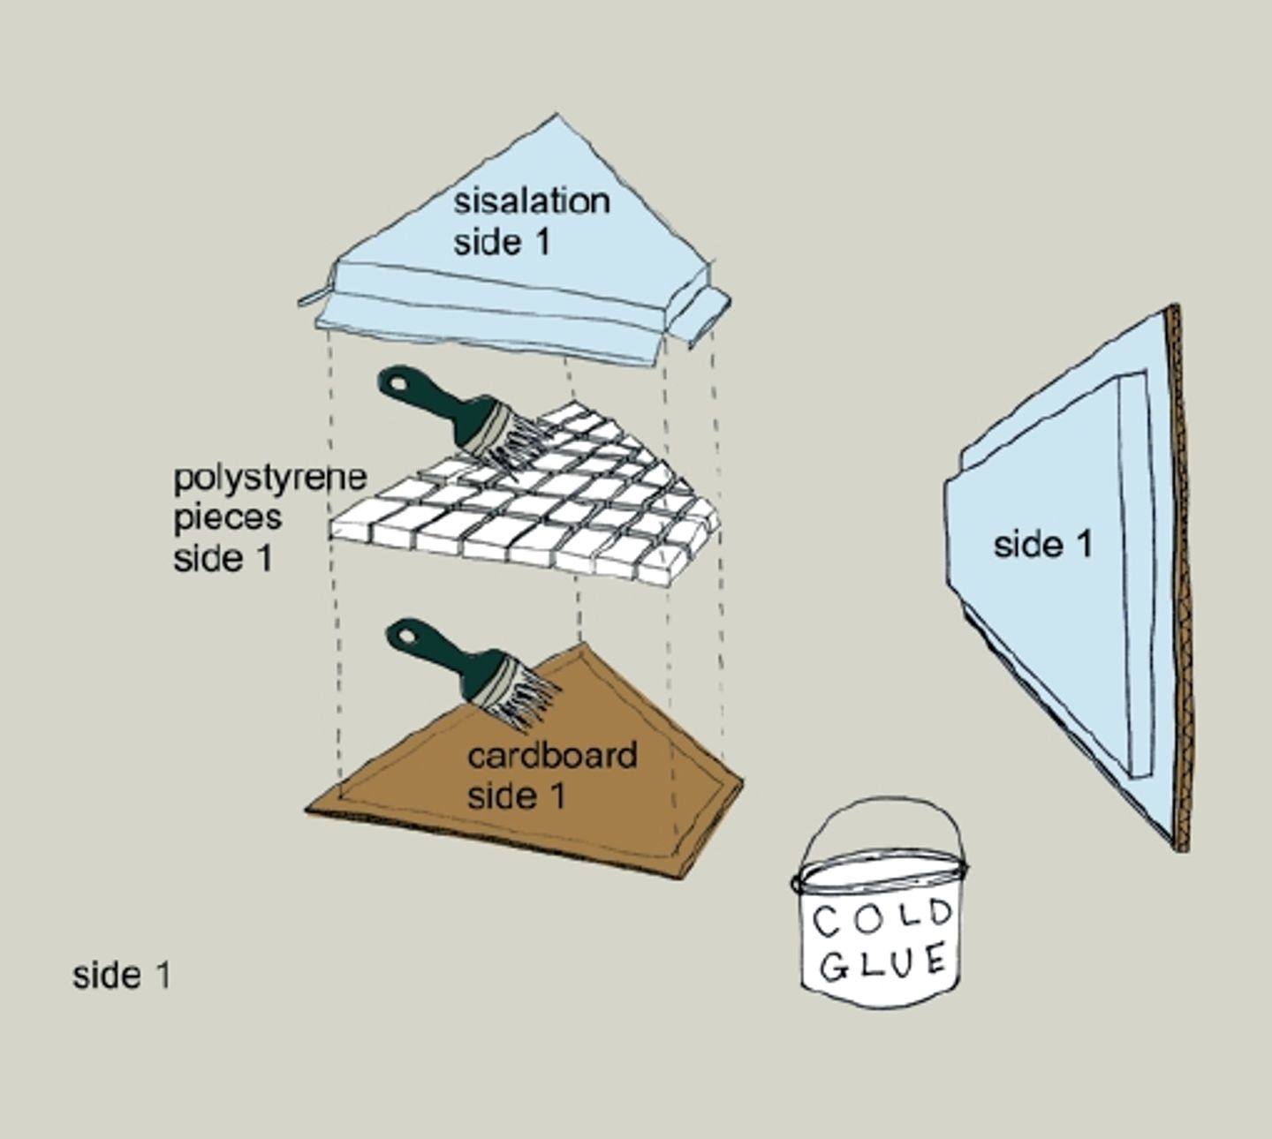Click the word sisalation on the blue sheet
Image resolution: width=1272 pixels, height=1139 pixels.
click(x=531, y=201)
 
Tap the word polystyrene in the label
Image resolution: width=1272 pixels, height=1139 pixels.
click(x=269, y=478)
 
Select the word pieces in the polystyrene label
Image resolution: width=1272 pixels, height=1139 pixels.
click(x=227, y=517)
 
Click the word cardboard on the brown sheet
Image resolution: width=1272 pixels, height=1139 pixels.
click(x=552, y=756)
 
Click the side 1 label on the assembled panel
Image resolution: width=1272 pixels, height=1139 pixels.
click(x=1042, y=544)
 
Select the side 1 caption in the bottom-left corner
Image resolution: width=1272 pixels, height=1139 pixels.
click(x=121, y=976)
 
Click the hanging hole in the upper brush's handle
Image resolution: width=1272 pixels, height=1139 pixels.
click(x=393, y=383)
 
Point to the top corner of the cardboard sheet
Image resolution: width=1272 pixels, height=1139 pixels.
click(x=580, y=646)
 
